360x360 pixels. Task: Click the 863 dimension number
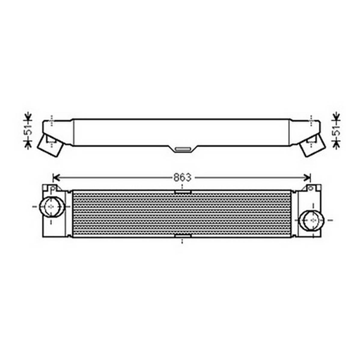(x=182, y=178)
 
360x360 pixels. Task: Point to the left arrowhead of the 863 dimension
(x=56, y=178)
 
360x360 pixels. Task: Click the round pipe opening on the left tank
(x=51, y=207)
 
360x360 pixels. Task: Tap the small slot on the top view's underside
(x=183, y=149)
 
